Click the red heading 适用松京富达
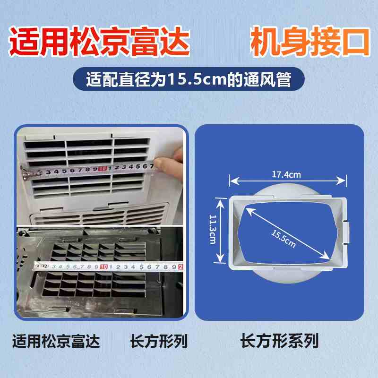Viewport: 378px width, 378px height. (99, 42)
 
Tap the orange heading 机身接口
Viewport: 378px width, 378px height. (310, 42)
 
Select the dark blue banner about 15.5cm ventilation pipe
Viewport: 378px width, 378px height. (189, 79)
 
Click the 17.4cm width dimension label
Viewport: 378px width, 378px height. (286, 174)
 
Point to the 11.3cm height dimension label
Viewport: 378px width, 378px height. (213, 229)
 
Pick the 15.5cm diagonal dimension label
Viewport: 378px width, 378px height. (283, 239)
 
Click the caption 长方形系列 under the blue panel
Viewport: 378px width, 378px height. (279, 341)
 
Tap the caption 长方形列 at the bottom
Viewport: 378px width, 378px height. (159, 341)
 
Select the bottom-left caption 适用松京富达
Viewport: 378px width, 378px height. (56, 341)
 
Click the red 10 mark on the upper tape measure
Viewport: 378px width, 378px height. (103, 169)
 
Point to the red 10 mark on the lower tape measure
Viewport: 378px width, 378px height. (103, 266)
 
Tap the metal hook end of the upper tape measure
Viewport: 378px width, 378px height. (31, 172)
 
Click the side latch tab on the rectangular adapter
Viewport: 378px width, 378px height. (346, 233)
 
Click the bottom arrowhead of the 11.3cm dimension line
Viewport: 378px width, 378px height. (220, 258)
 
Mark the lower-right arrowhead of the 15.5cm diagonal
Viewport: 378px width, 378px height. (326, 256)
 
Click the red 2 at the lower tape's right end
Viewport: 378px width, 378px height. (180, 267)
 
